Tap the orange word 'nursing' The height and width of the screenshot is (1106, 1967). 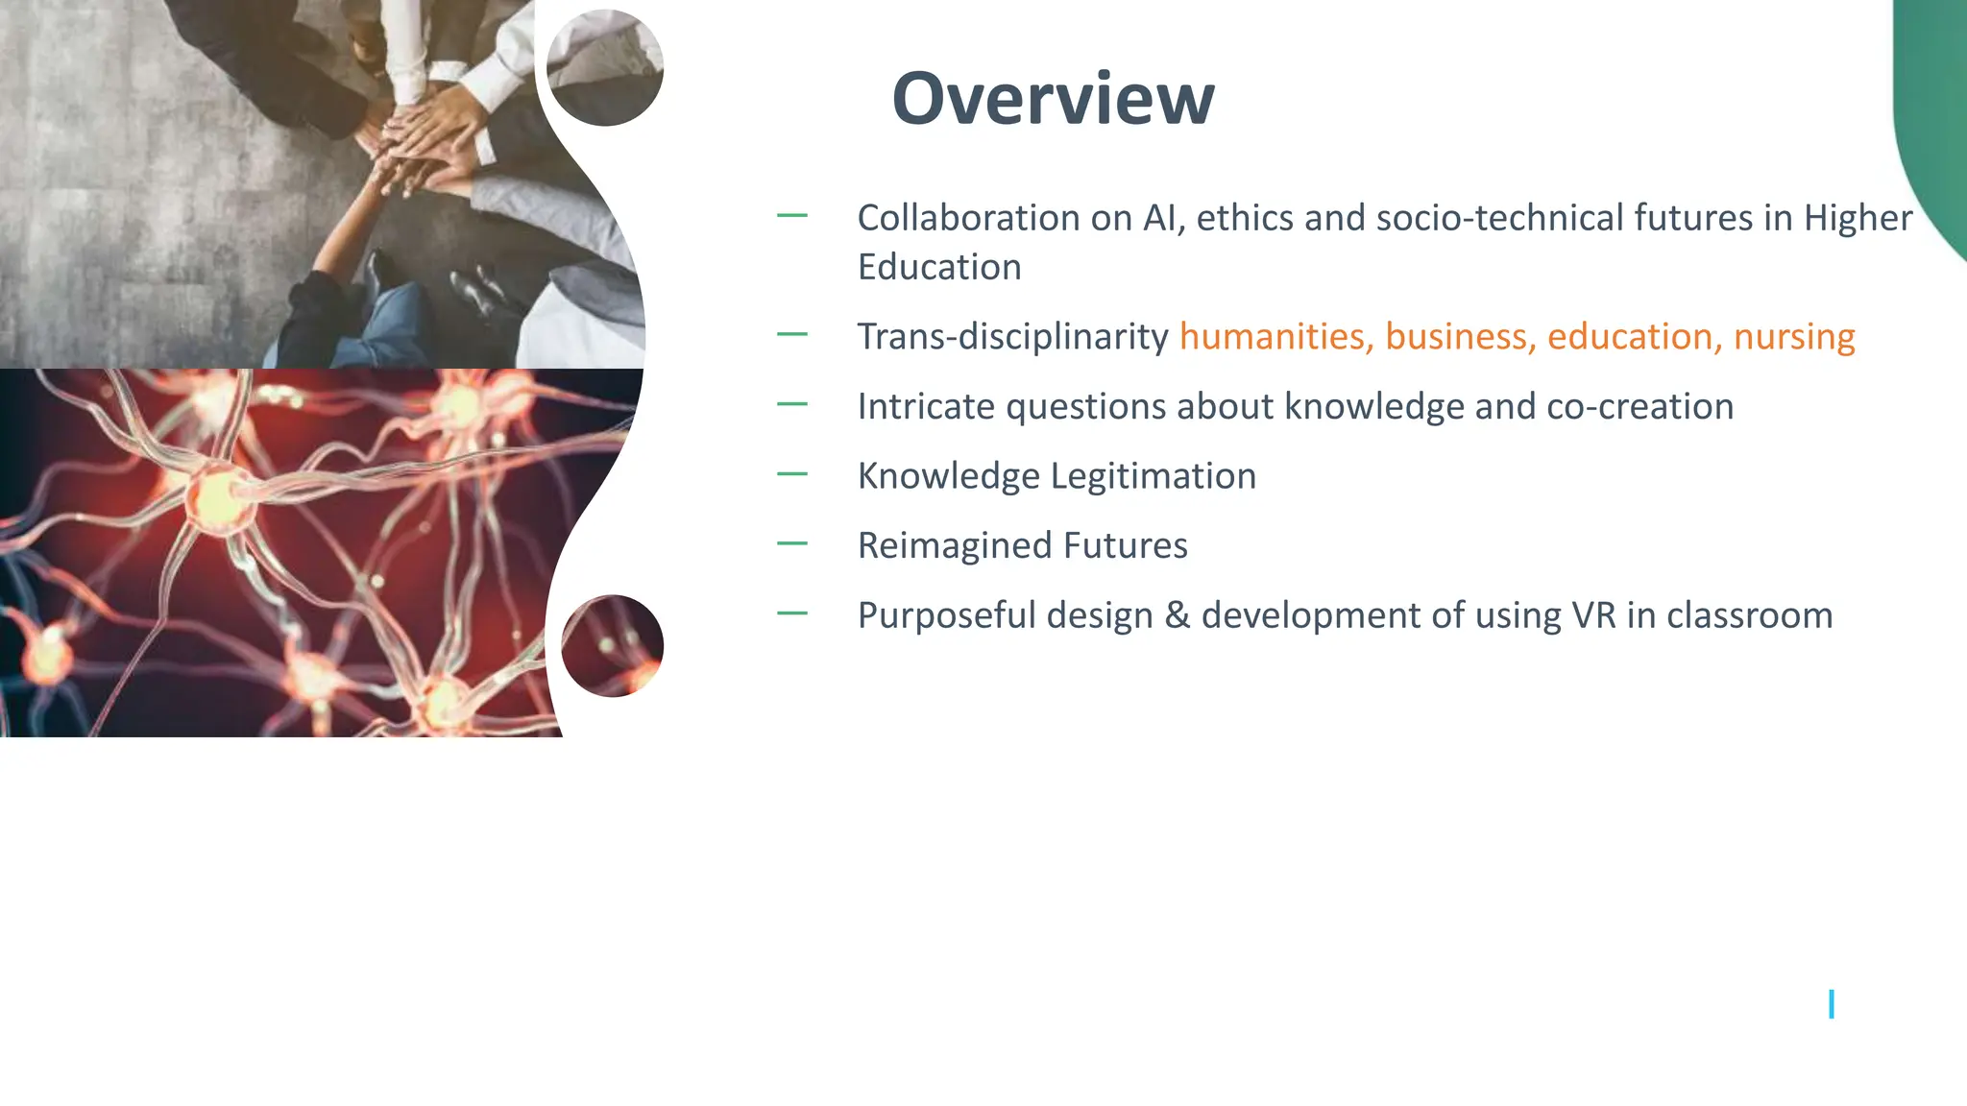click(1794, 337)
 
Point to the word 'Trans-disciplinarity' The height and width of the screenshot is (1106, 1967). click(1012, 337)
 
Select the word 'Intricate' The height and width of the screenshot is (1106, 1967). click(926, 407)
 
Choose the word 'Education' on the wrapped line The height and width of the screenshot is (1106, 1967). click(939, 267)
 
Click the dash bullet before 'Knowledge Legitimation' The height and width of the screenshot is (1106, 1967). click(792, 474)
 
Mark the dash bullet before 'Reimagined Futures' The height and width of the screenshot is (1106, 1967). click(792, 543)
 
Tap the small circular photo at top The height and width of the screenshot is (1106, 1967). click(605, 67)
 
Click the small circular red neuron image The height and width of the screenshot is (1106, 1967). click(612, 645)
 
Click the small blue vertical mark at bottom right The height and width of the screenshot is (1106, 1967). click(1832, 1004)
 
